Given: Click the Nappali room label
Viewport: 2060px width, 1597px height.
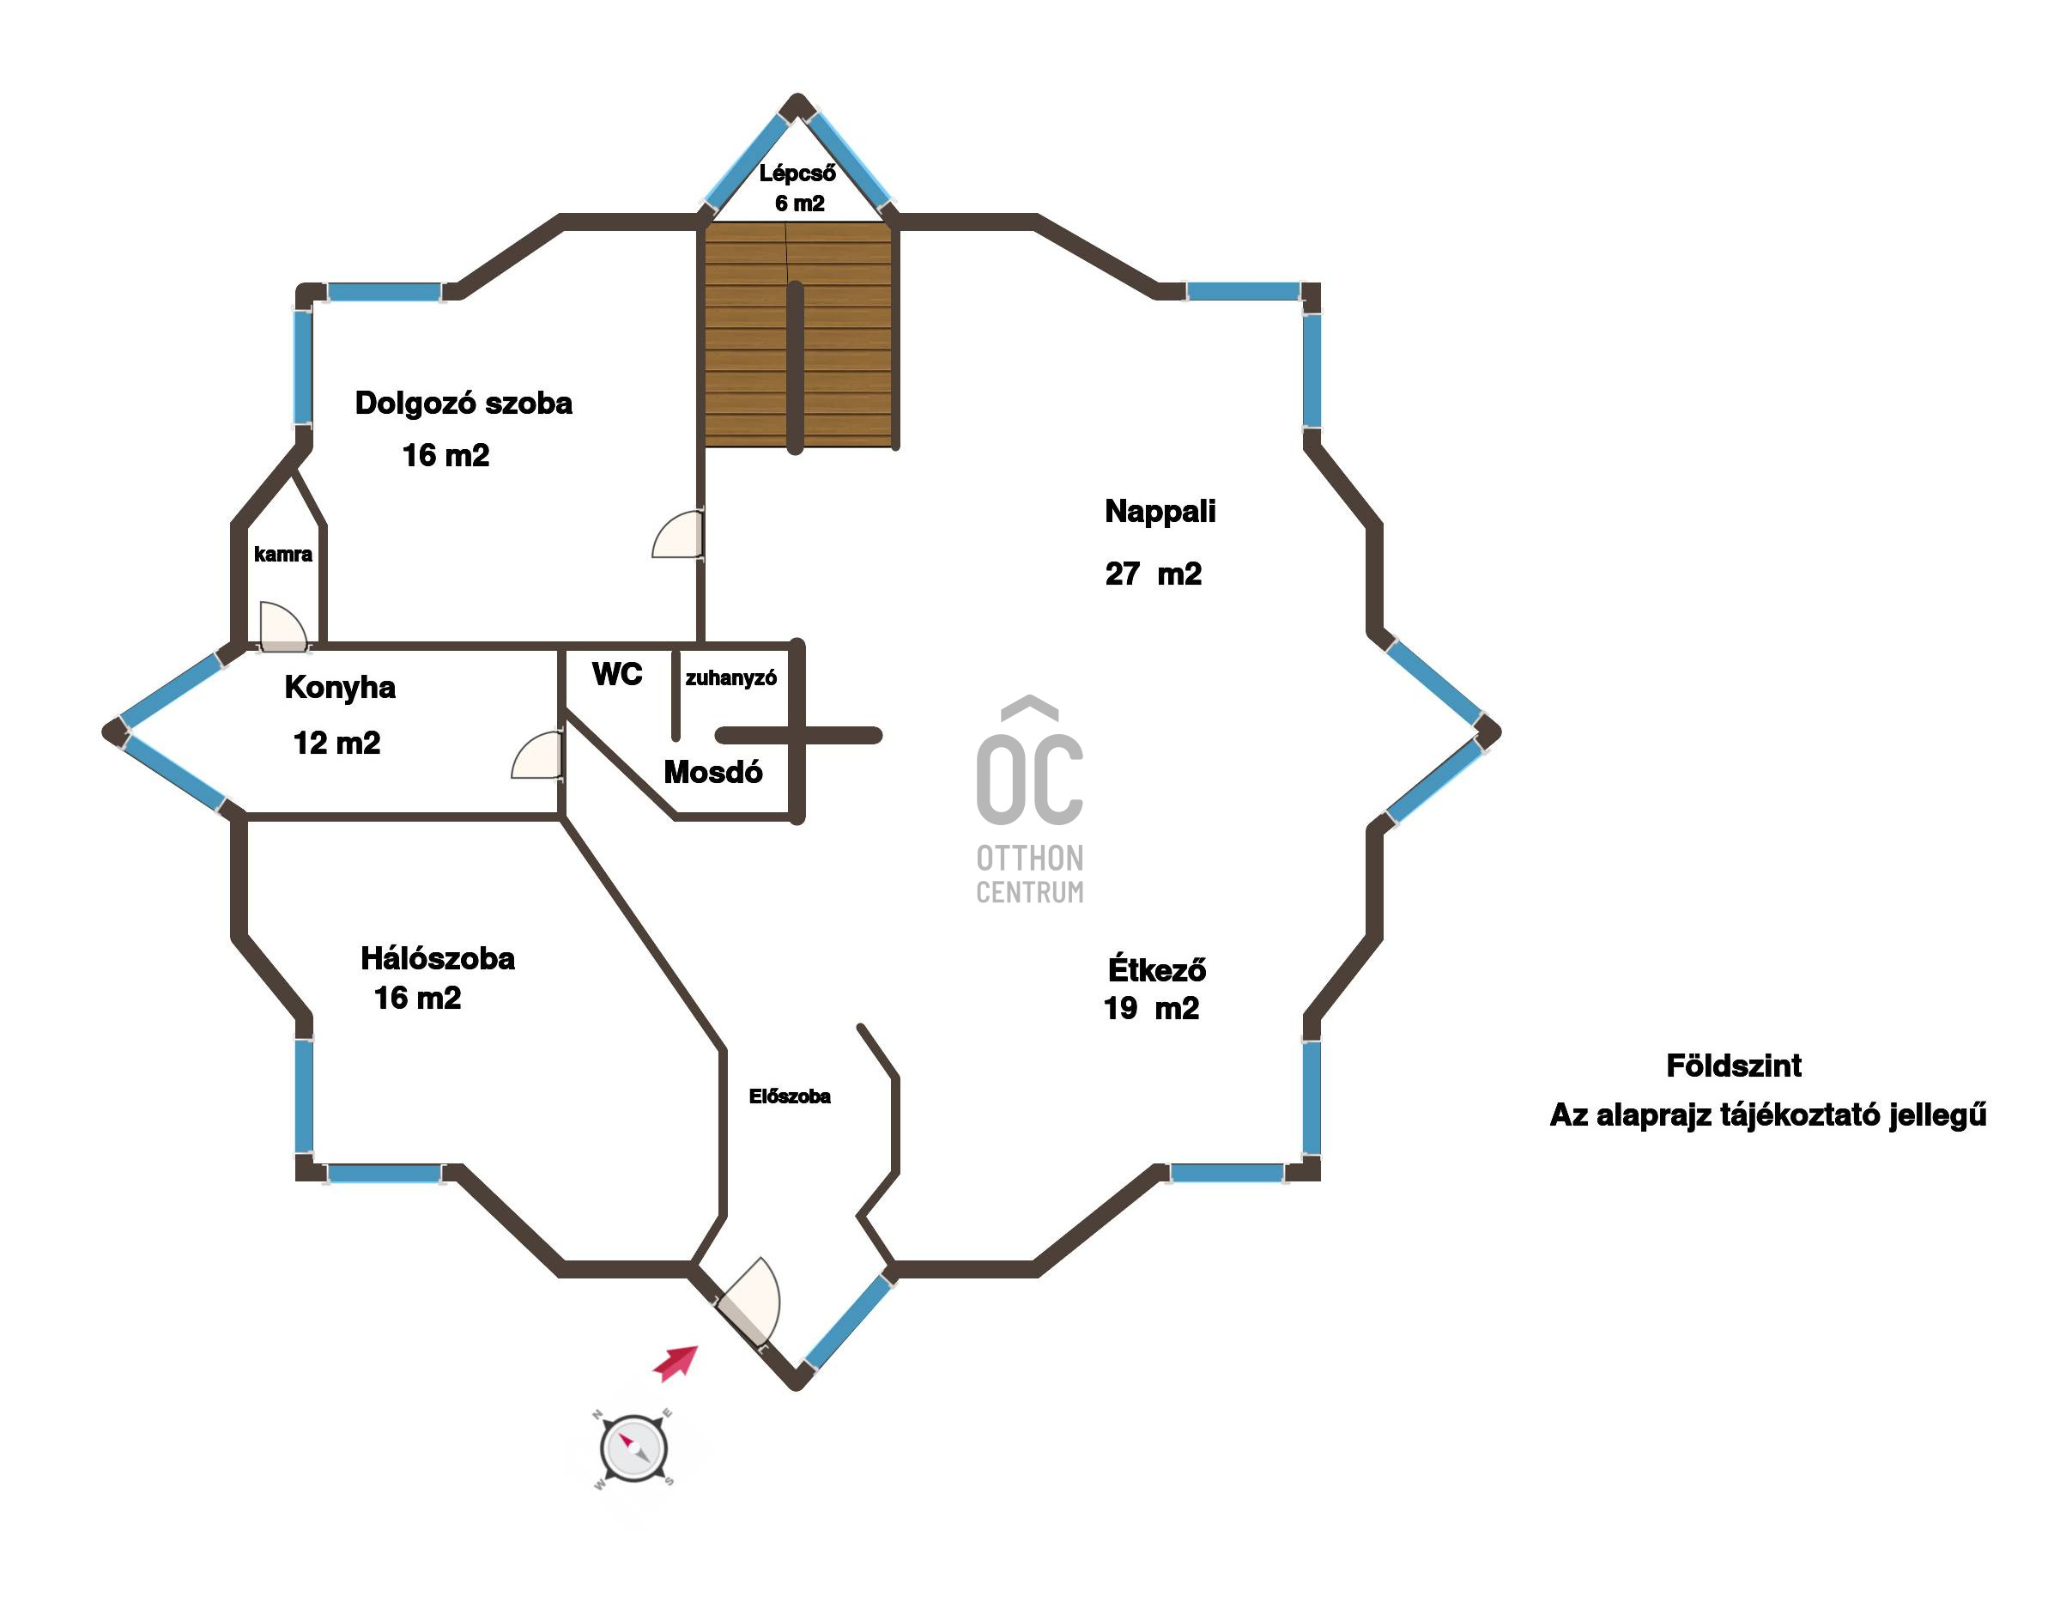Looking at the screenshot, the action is [x=1160, y=513].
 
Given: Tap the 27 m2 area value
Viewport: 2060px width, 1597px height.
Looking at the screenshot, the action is [x=1153, y=574].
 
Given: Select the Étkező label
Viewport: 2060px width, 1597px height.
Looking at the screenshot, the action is [x=1156, y=969].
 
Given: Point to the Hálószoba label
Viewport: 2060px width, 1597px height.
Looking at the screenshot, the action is [x=438, y=958].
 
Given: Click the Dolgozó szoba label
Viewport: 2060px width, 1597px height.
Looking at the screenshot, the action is [x=463, y=404].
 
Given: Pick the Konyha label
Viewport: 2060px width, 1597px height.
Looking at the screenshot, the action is [x=340, y=688].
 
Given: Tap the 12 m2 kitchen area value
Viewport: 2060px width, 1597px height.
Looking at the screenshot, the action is [x=336, y=744].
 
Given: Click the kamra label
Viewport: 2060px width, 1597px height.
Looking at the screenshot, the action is [x=283, y=554].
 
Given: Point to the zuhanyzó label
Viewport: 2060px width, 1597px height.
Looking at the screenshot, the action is [x=731, y=678].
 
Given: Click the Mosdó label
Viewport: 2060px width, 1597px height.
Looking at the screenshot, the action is [x=713, y=773].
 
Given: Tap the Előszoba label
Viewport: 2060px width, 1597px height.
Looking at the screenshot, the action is [x=790, y=1096].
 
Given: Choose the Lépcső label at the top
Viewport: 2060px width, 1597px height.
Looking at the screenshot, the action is [x=797, y=173].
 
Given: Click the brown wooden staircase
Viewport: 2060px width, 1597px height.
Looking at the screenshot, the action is [x=797, y=334].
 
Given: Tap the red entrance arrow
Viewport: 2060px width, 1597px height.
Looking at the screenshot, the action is [x=676, y=1363].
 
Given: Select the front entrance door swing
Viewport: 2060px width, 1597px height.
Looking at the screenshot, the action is [x=751, y=1301].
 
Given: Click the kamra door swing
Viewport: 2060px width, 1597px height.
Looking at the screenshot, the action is [x=282, y=626].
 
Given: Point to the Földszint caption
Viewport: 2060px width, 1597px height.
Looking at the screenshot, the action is [x=1734, y=1066].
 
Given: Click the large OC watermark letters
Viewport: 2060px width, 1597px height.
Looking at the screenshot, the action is [x=1029, y=777].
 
